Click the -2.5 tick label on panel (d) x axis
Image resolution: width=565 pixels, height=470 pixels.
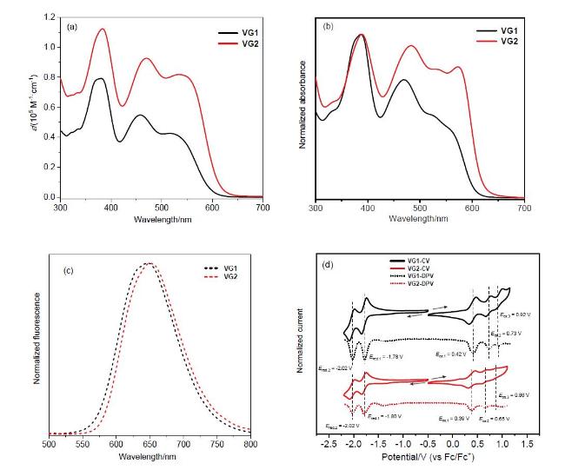pyautogui.click(x=329, y=444)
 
